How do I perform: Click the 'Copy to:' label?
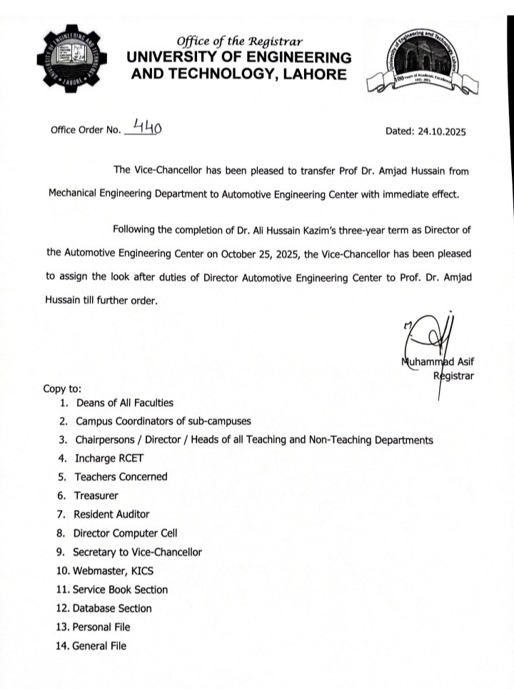pyautogui.click(x=63, y=389)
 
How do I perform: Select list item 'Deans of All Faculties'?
pyautogui.click(x=125, y=403)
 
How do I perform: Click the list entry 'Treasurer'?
pyautogui.click(x=96, y=496)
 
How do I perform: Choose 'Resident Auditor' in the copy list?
pyautogui.click(x=112, y=514)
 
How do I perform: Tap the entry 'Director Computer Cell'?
pyautogui.click(x=126, y=533)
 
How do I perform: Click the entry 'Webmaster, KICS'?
pyautogui.click(x=114, y=570)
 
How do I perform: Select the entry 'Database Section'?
pyautogui.click(x=112, y=608)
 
